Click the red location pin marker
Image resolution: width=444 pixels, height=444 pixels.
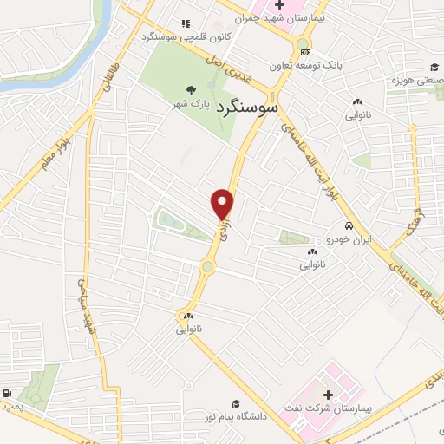(x=223, y=204)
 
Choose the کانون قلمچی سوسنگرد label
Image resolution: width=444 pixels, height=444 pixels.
(x=164, y=37)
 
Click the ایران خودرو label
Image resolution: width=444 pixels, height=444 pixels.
(x=348, y=238)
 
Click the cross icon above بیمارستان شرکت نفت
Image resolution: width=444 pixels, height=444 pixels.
(x=327, y=395)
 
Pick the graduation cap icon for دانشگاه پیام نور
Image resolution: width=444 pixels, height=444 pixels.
(x=235, y=403)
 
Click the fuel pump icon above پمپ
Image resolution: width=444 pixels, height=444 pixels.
(x=8, y=394)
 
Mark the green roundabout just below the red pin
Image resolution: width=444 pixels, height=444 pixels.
(x=207, y=267)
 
